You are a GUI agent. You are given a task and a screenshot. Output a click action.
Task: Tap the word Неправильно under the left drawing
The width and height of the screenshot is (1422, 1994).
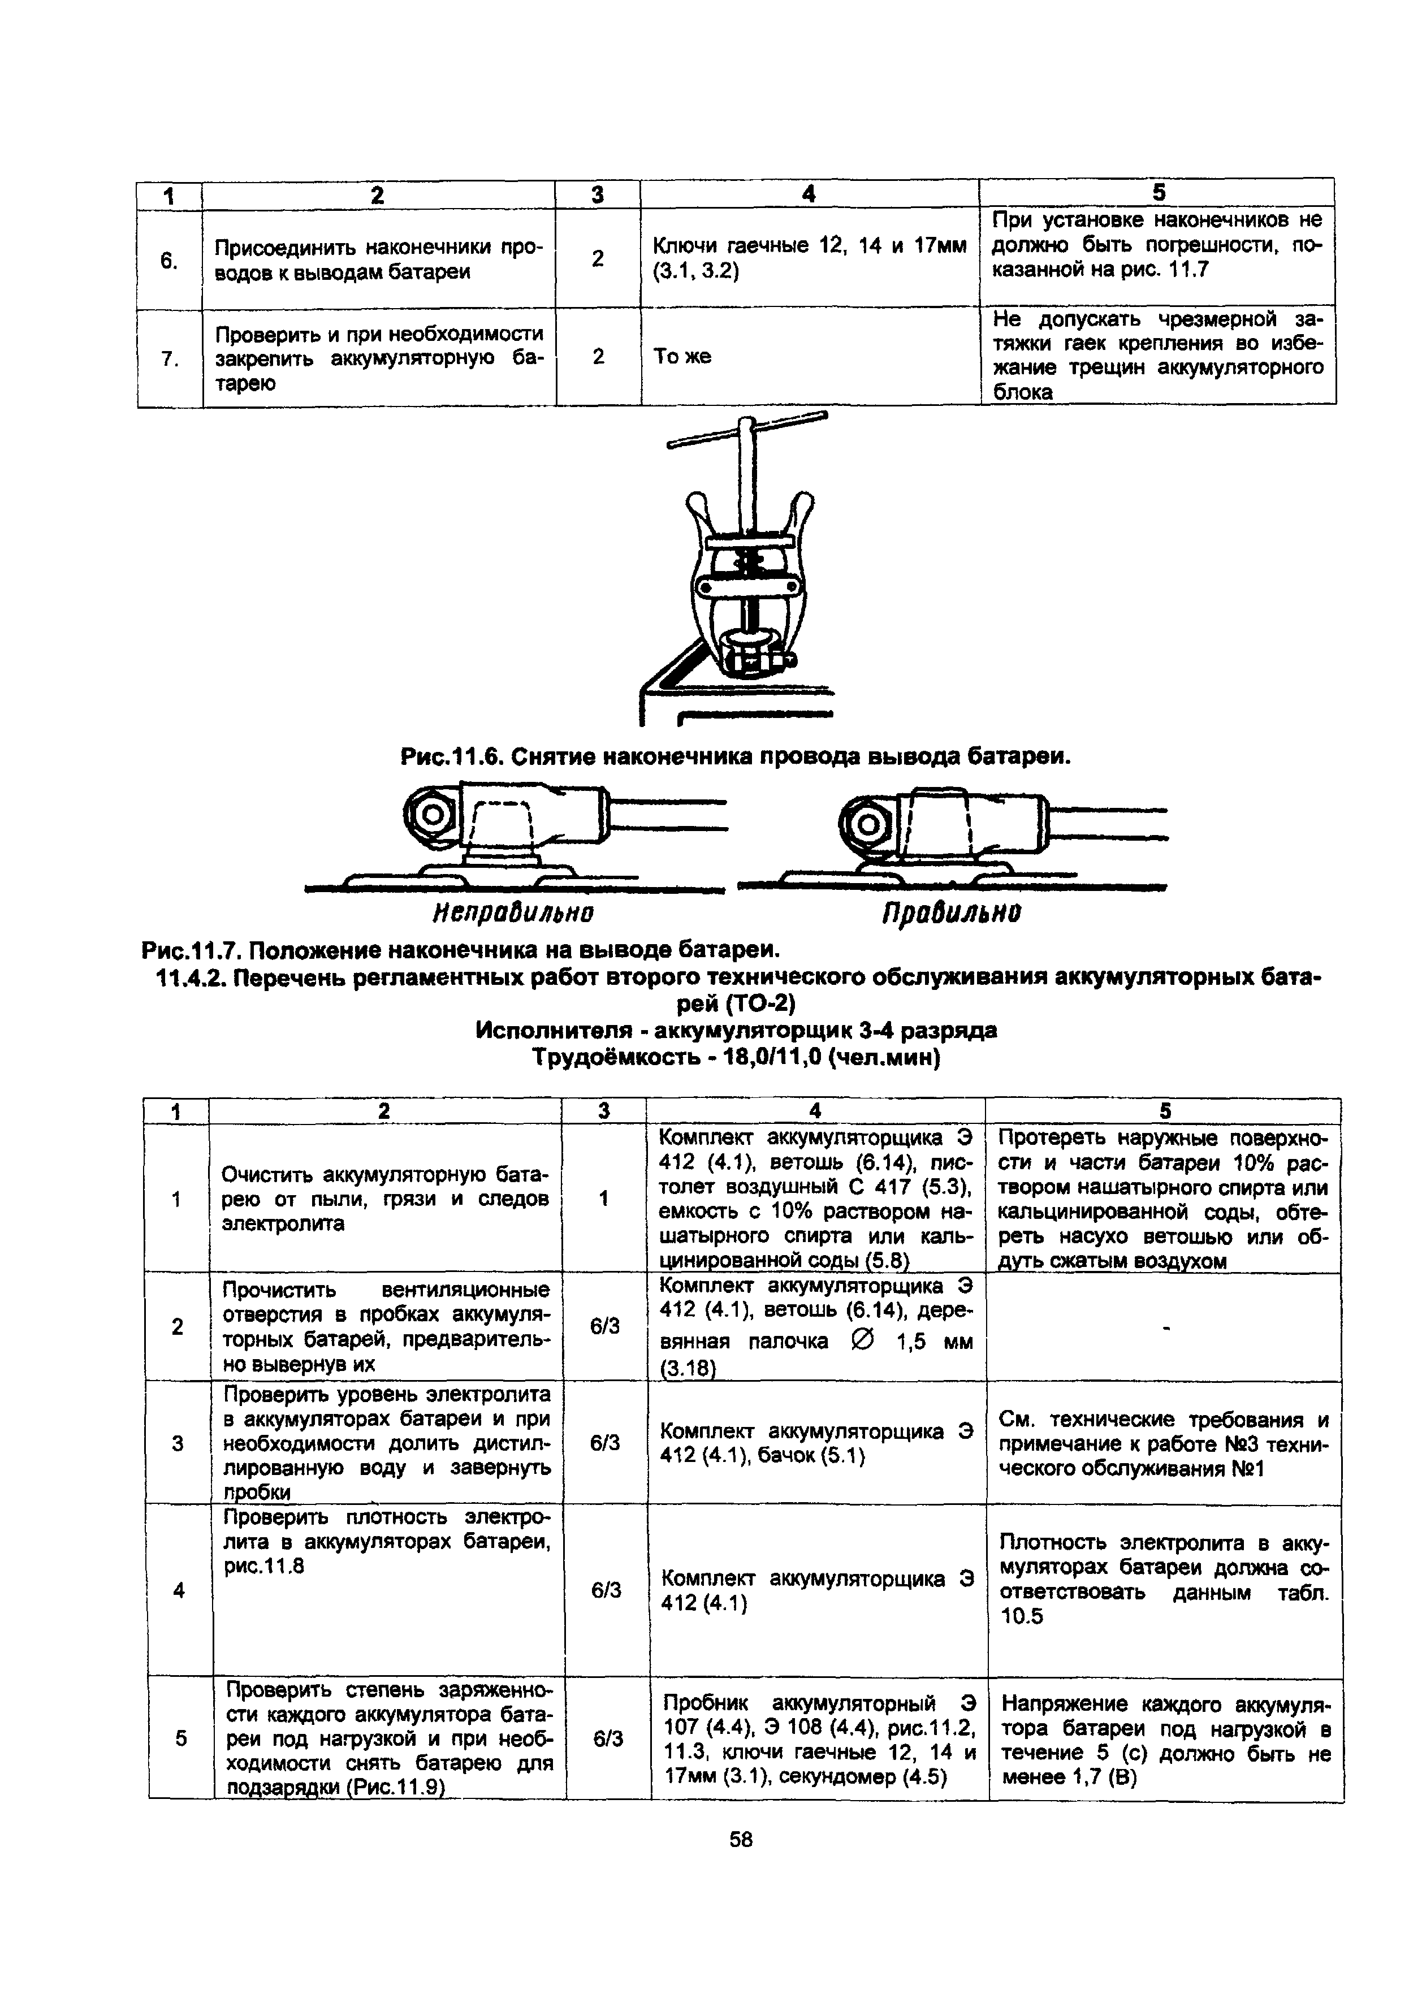[x=513, y=913]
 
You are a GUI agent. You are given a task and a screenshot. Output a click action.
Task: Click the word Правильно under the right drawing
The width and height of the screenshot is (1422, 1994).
[x=951, y=913]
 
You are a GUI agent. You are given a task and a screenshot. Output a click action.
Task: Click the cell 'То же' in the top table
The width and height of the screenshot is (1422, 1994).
[x=682, y=356]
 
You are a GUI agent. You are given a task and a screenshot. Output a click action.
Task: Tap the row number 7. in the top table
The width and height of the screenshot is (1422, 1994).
[x=170, y=358]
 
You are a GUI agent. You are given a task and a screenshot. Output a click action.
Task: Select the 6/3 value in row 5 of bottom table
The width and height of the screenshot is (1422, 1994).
[x=608, y=1738]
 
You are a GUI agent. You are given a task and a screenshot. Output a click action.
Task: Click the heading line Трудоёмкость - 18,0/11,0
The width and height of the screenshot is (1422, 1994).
[x=736, y=1057]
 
